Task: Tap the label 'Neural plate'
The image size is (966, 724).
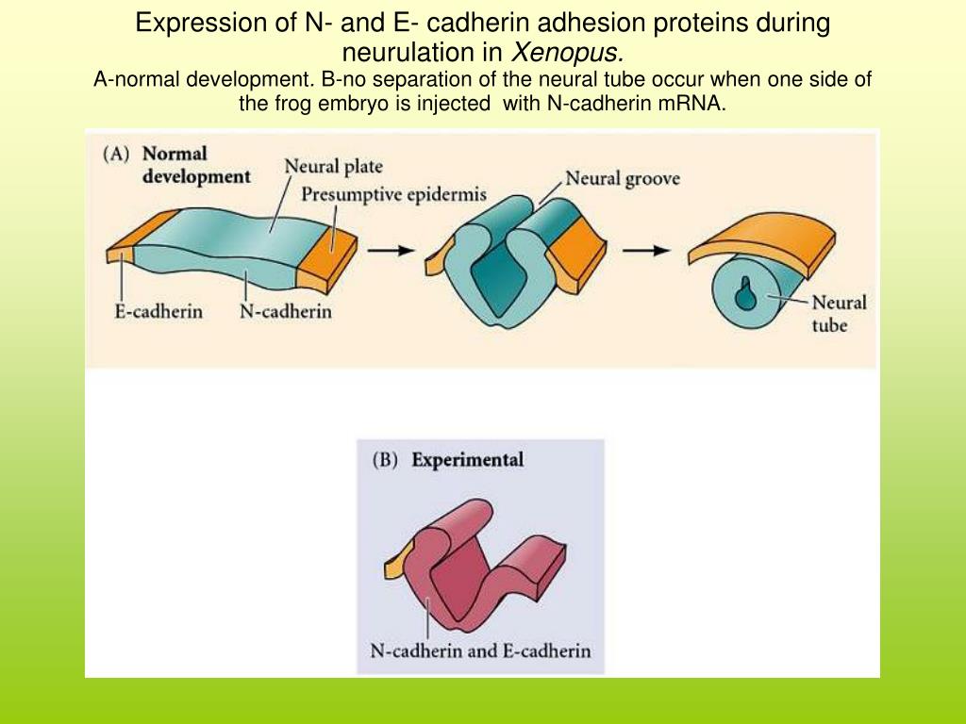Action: pyautogui.click(x=334, y=167)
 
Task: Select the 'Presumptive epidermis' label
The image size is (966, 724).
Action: pyautogui.click(x=394, y=195)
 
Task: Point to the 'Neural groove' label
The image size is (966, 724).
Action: pyautogui.click(x=623, y=178)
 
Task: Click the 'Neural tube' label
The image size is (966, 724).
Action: pyautogui.click(x=839, y=314)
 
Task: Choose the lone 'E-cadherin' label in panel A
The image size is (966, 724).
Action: pyautogui.click(x=158, y=311)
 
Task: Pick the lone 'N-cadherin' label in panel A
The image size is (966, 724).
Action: pyautogui.click(x=285, y=311)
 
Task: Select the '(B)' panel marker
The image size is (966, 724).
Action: pyautogui.click(x=387, y=460)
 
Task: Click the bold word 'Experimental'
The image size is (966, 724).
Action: pyautogui.click(x=468, y=460)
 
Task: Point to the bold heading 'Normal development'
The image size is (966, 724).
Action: pyautogui.click(x=195, y=165)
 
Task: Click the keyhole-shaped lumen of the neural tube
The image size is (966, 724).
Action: pyautogui.click(x=746, y=290)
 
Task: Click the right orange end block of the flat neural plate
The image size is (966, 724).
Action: pyautogui.click(x=327, y=255)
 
